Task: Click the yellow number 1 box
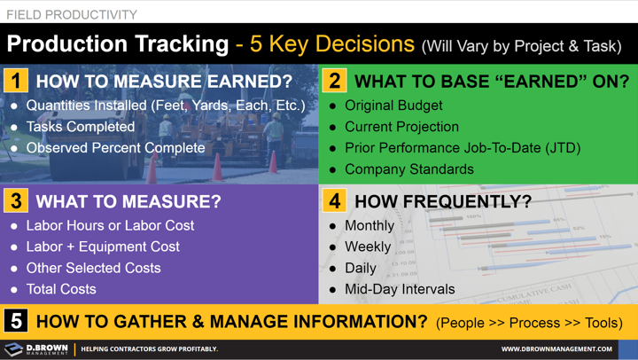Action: pos(15,81)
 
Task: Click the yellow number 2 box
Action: pos(334,81)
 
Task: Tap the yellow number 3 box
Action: pos(15,201)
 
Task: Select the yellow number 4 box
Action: pos(334,201)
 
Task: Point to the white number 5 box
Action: pos(16,321)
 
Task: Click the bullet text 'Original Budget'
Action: pos(393,106)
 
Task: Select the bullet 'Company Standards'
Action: pos(408,168)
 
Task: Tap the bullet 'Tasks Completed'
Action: pos(80,127)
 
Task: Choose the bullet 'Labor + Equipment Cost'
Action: pos(103,247)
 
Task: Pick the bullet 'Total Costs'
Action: pos(61,289)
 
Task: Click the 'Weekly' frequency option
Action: pos(368,247)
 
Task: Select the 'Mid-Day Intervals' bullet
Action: pos(400,289)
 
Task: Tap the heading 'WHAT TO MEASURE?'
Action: pos(128,202)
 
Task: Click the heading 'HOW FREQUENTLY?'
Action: pos(443,202)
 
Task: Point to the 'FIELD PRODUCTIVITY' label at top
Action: pos(72,14)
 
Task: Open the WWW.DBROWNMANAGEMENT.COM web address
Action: pos(556,349)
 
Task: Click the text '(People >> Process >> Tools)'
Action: pos(528,322)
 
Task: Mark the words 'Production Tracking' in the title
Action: pos(117,44)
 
